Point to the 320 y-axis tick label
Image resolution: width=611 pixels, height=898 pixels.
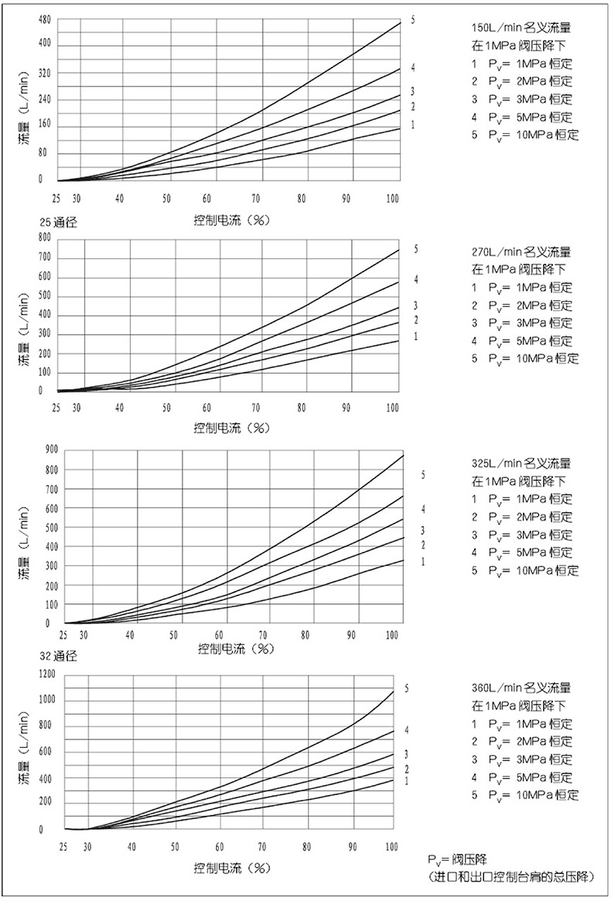(x=45, y=73)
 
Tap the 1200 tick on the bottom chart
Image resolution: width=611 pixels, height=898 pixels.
(x=46, y=674)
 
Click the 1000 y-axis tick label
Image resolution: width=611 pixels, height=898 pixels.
(x=46, y=700)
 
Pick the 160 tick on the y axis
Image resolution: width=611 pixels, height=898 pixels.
(x=45, y=125)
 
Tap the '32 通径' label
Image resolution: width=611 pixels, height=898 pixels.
(x=59, y=656)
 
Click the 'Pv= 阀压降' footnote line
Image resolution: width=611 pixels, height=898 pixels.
(x=457, y=860)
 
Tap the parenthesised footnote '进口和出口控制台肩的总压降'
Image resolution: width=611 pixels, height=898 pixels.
(x=511, y=876)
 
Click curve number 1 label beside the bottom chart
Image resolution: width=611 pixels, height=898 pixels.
(x=406, y=781)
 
